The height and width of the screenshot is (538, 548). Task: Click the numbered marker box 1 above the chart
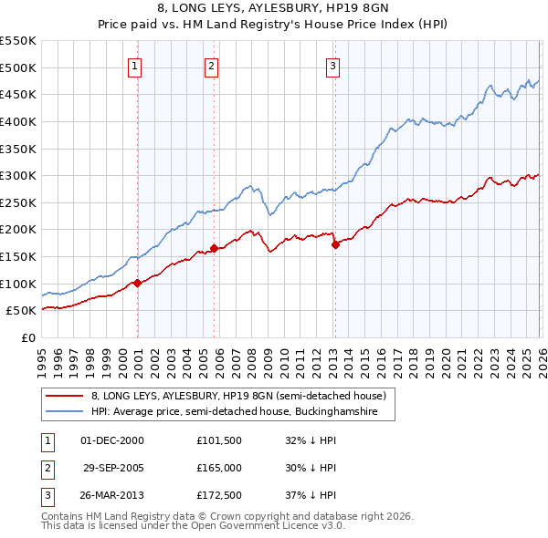point(135,66)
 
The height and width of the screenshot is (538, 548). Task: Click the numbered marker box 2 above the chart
point(212,66)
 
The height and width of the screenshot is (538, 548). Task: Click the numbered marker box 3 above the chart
point(332,66)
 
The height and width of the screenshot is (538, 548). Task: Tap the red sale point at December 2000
point(137,283)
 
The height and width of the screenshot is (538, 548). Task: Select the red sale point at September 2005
point(214,248)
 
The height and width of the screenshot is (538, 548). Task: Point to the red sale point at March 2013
point(335,244)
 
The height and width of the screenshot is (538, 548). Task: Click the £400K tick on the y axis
point(18,121)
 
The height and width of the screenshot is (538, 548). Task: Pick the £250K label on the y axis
point(18,202)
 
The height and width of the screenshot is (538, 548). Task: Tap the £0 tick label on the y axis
point(27,337)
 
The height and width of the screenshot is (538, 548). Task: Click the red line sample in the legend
point(66,397)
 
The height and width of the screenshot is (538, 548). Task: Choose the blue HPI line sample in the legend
point(66,412)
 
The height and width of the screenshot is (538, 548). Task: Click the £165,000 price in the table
point(219,468)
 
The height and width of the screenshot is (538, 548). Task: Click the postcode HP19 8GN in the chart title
point(355,8)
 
